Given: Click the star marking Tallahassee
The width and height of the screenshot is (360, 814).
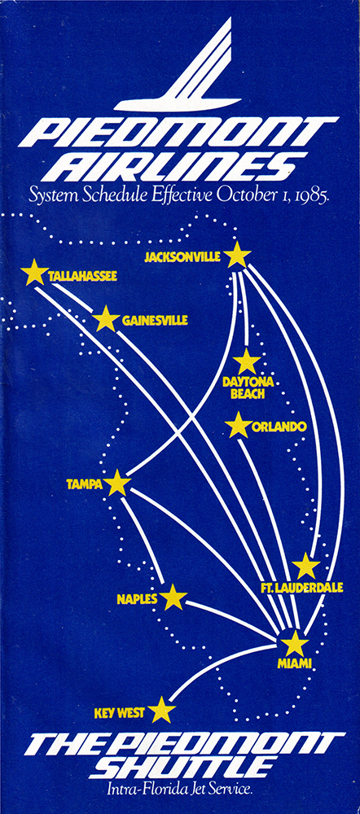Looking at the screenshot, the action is click(35, 273).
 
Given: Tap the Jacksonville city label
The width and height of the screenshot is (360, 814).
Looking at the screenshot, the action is click(182, 256).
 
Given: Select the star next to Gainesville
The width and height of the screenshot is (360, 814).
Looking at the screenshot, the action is click(106, 319).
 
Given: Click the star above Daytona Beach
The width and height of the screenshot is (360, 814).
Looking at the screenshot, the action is click(247, 362).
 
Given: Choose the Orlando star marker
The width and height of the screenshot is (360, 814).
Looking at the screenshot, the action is click(239, 425).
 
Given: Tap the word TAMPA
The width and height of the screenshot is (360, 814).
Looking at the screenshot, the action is click(84, 484).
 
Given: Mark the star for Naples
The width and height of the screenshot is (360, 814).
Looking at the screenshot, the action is click(173, 597).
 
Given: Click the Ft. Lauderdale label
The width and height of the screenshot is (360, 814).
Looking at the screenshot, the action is click(302, 588).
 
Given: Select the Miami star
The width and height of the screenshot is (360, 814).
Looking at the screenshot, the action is click(295, 644).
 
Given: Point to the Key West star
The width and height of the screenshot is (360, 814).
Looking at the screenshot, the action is click(161, 710).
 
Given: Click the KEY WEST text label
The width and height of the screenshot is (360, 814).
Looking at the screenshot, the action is click(120, 713).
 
